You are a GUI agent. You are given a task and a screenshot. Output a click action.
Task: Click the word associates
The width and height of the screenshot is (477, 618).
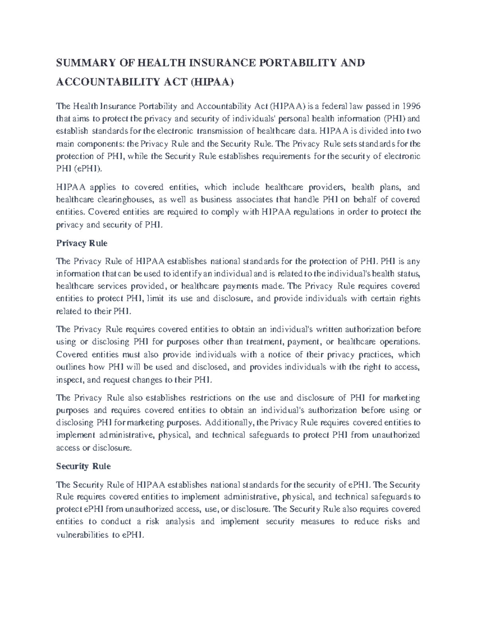point(242,199)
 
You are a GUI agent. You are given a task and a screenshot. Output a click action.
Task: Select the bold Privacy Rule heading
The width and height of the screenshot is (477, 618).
point(82,243)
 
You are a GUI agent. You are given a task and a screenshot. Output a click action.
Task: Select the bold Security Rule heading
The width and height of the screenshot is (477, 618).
point(83,466)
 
